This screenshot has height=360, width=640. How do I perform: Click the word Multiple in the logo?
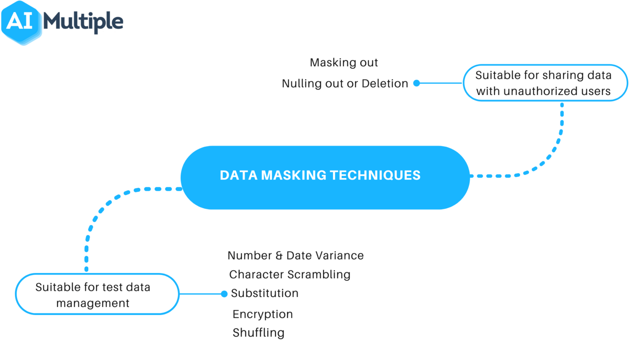coord(83,22)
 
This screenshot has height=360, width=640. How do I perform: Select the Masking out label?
coord(344,62)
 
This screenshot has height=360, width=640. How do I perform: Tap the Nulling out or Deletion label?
coord(345,84)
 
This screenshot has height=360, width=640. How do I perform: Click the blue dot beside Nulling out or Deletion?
coord(417,83)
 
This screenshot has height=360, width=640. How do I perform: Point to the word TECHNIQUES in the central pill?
coord(375,175)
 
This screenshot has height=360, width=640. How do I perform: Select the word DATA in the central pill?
coord(239,175)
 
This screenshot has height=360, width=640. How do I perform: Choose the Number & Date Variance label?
coord(295,255)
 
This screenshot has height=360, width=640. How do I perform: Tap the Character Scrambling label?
coord(290,275)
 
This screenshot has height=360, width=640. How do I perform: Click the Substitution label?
coord(265,293)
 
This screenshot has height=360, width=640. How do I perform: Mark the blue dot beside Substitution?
coord(224,294)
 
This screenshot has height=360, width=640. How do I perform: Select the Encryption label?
coord(262,314)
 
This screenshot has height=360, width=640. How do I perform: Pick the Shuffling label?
coord(258,333)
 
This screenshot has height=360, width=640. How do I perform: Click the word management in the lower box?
coord(93,303)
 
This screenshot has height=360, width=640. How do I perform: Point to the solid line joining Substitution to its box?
coord(200,294)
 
